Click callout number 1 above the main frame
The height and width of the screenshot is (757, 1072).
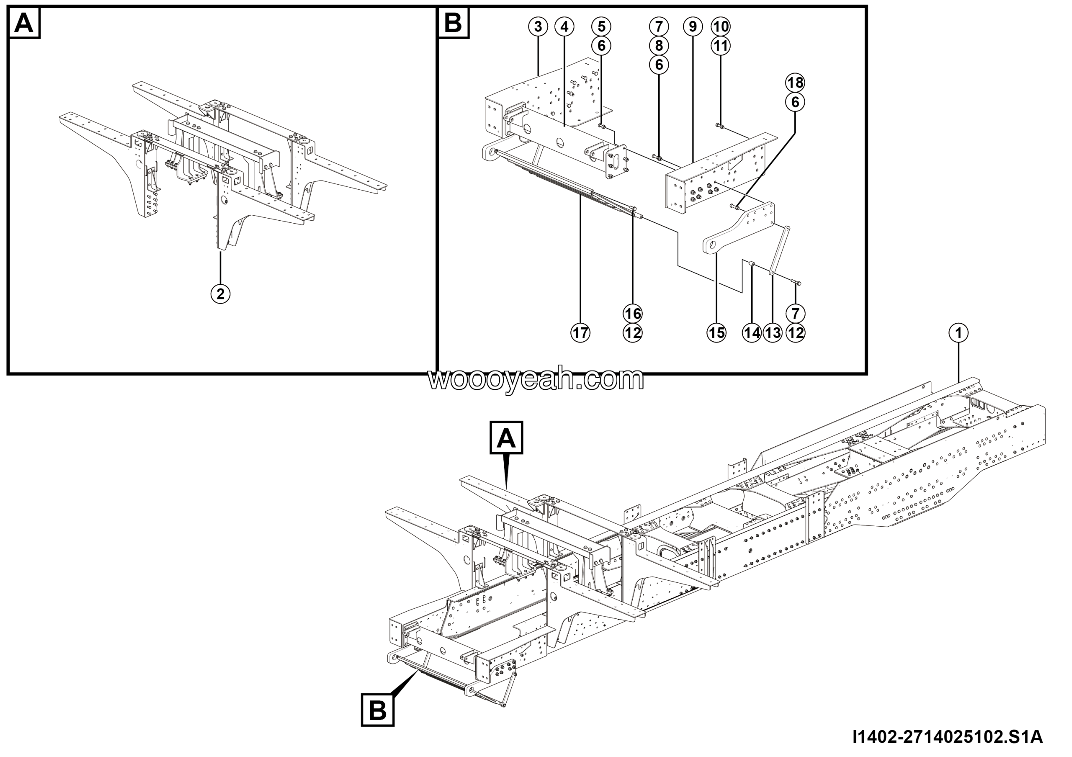tap(959, 333)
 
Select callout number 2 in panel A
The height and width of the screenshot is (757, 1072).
tap(220, 294)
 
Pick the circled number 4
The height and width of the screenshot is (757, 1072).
tap(564, 27)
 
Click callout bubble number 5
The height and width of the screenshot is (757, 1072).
tap(601, 27)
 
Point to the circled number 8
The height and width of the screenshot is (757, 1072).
tap(659, 46)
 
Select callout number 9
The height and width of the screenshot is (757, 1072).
tap(693, 27)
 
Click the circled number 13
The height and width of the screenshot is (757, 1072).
tap(773, 333)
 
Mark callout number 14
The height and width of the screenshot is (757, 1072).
tap(752, 333)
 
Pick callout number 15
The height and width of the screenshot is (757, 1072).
tap(716, 333)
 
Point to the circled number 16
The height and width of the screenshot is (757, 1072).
tap(633, 314)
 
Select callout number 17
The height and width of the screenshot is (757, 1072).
tap(580, 333)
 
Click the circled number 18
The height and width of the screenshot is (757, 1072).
tap(795, 82)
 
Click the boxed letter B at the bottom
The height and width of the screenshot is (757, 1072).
tap(378, 711)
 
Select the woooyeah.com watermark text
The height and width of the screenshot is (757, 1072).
tap(536, 379)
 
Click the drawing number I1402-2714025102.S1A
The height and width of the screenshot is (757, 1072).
tap(947, 737)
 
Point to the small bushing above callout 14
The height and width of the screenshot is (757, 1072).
tap(752, 265)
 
